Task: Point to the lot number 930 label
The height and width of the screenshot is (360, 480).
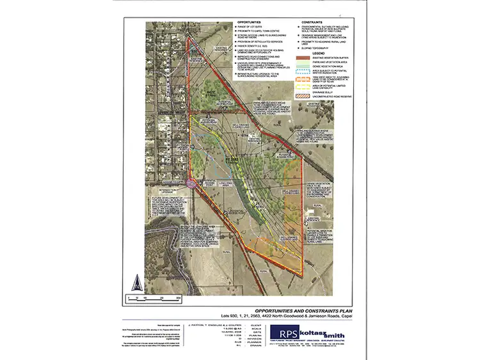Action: (196, 49)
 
